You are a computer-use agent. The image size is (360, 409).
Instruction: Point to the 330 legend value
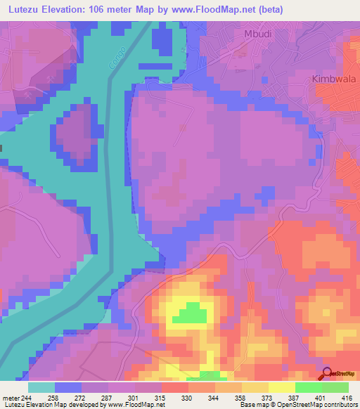[x=188, y=397]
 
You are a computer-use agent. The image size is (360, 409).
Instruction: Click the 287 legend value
[x=108, y=397]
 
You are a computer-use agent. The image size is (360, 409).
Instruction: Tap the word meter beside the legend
[x=9, y=397]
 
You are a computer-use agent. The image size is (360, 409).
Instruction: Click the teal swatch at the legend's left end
[x=41, y=387]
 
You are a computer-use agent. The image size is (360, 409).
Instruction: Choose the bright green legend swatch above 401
[x=308, y=387]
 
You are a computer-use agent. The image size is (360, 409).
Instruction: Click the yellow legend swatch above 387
[x=281, y=387]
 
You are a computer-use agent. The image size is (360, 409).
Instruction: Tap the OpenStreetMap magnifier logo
[x=328, y=374]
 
